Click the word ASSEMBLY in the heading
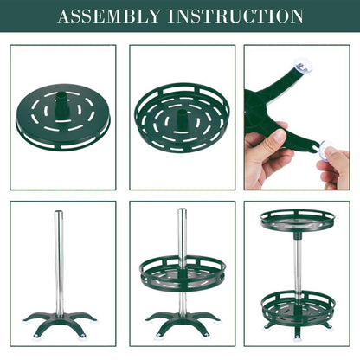[x=109, y=16]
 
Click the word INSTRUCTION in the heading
[x=235, y=16]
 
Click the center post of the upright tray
[x=183, y=119]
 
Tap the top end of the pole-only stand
[x=59, y=212]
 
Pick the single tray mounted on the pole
[x=183, y=273]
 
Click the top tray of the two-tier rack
[x=298, y=221]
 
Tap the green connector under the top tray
[x=298, y=235]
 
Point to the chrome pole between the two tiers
[x=298, y=267]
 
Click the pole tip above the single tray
[x=182, y=209]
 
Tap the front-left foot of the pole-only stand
[x=37, y=336]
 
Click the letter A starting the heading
[x=64, y=16]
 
